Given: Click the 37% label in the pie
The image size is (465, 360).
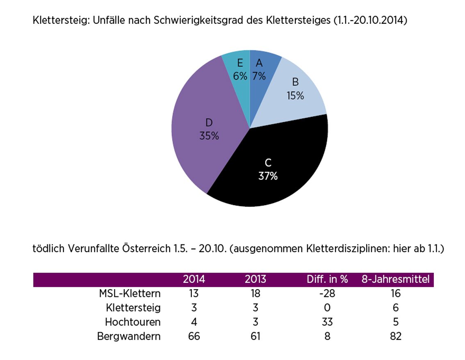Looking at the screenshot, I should coord(268,176).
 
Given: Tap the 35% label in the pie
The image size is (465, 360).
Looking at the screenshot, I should coord(209,136).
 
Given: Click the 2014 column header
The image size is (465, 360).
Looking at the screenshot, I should coord(194,280).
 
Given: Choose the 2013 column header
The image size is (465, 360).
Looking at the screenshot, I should coord(255,280).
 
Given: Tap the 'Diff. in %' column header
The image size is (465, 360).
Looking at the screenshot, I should coord(327,280).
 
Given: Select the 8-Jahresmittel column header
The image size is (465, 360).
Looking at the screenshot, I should coord(396,280).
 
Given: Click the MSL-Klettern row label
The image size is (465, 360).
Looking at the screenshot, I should coord(130,294).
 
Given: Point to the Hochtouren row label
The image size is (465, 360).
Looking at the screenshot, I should coord(132,322).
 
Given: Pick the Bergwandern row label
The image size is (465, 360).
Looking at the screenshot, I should coord(129,337).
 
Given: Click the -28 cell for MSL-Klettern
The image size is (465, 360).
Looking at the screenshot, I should coord(327,294).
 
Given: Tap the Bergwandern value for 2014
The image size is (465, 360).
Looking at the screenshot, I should coord(194,337).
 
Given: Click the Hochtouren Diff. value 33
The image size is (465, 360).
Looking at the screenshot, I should coord(327,322).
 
